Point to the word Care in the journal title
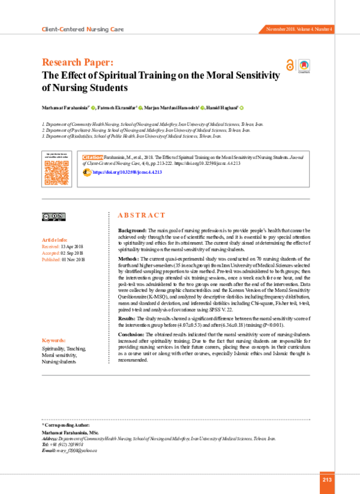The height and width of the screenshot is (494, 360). coord(117,29)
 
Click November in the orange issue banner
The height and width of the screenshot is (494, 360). coord(277,29)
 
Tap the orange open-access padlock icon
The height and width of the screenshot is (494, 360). coord(290,65)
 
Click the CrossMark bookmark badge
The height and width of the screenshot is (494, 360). coord(304,65)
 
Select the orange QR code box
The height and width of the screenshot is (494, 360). coord(56,171)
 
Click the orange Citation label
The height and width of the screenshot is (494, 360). coord(92,158)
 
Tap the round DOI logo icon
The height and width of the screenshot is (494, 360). coord(88,172)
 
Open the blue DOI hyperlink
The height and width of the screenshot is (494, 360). coord(128,172)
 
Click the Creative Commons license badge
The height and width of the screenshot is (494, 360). coord(53,216)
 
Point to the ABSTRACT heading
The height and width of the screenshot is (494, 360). coord(141,215)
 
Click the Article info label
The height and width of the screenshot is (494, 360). coord(54,240)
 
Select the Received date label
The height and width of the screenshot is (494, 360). coord(50,246)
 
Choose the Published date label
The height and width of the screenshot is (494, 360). coord(51,259)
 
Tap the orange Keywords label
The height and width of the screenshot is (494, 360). coord(53,341)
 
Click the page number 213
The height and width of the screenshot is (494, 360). coord(327,480)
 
